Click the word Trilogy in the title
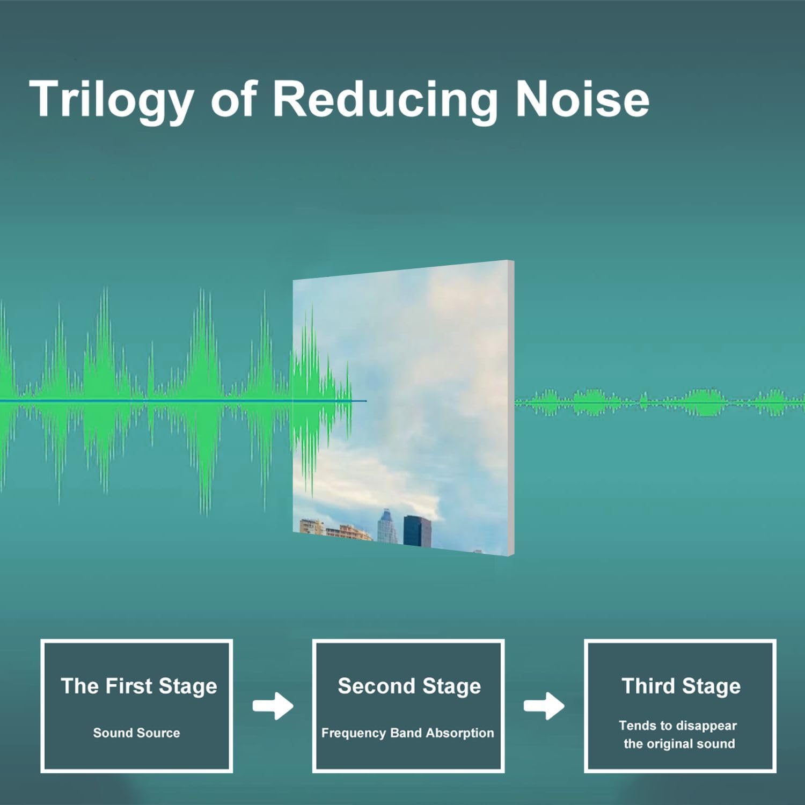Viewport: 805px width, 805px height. click(x=111, y=100)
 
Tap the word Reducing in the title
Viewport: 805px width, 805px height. click(x=385, y=100)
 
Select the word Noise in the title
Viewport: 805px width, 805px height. click(x=582, y=99)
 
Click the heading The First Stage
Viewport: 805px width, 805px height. click(x=139, y=686)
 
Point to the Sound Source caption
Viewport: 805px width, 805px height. click(x=136, y=733)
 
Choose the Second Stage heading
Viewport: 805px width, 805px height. click(x=409, y=686)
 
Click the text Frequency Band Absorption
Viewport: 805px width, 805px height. click(x=407, y=733)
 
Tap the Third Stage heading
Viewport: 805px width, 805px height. click(x=681, y=686)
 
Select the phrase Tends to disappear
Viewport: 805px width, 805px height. click(x=678, y=726)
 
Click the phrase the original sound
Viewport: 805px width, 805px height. click(x=679, y=744)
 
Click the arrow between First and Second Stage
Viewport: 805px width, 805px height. click(x=273, y=706)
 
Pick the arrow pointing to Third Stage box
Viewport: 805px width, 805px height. click(x=544, y=706)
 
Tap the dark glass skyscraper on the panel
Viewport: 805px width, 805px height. click(x=418, y=531)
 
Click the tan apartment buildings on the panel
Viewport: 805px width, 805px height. click(x=333, y=529)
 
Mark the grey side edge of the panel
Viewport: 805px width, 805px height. click(x=511, y=408)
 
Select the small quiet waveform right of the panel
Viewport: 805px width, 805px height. click(x=660, y=402)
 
